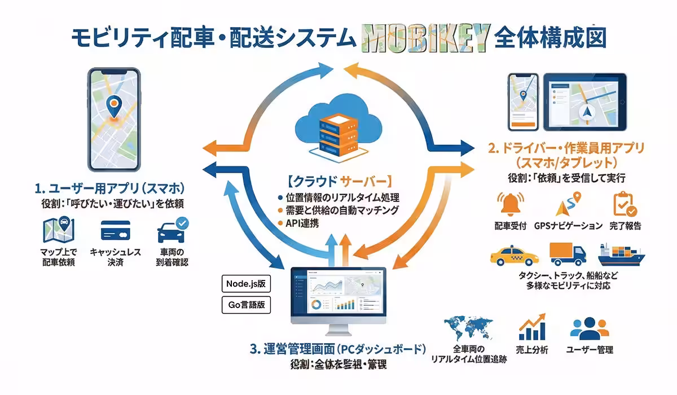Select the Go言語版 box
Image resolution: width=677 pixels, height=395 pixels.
[x=245, y=305]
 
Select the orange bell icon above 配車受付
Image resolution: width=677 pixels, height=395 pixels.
[x=510, y=205]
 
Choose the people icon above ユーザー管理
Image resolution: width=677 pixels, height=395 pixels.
[x=590, y=328]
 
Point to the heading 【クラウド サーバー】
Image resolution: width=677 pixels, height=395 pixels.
[x=337, y=182]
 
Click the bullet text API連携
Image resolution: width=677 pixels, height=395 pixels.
[x=303, y=223]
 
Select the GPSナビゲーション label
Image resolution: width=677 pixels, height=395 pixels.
[x=568, y=226]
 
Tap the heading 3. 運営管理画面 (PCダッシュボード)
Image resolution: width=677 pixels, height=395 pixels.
[x=337, y=348]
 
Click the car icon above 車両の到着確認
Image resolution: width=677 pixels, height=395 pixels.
[x=172, y=231]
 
